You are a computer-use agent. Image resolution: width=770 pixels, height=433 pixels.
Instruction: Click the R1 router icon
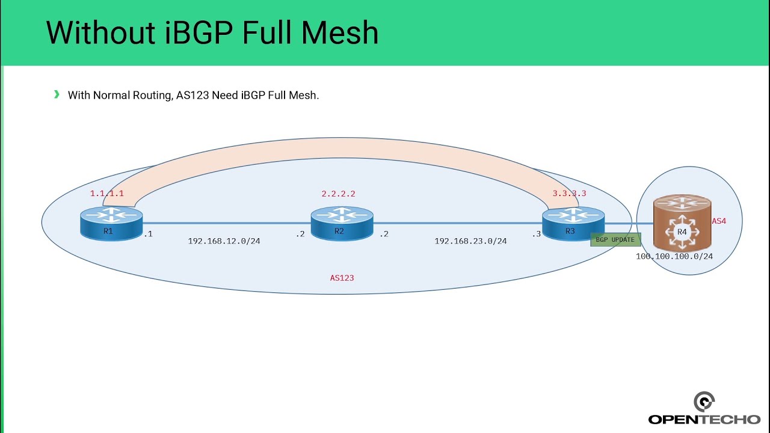tap(111, 223)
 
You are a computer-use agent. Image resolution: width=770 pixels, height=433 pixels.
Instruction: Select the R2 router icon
tap(342, 223)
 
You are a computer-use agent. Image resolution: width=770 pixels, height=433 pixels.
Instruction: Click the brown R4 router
tap(682, 226)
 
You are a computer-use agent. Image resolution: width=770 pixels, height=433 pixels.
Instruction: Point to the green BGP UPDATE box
tap(615, 239)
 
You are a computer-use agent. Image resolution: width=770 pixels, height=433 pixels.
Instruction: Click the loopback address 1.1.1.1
tap(106, 194)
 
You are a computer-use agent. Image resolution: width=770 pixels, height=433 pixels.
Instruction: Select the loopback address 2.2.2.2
tap(338, 194)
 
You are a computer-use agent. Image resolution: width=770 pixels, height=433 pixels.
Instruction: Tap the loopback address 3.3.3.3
tap(569, 194)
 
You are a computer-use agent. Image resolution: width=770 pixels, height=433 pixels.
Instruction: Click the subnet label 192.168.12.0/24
tap(224, 241)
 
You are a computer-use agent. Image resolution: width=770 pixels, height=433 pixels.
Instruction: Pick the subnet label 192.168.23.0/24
tap(470, 241)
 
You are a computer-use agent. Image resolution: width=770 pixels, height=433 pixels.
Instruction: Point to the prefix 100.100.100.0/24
tap(674, 256)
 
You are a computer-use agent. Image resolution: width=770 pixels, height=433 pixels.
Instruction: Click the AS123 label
tap(342, 278)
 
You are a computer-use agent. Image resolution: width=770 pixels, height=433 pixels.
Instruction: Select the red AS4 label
tap(719, 221)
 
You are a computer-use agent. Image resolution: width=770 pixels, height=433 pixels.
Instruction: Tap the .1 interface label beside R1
tap(147, 234)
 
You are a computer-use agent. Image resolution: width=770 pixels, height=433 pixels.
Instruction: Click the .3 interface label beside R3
tap(536, 234)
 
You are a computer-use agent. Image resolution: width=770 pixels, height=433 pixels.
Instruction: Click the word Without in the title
tap(100, 32)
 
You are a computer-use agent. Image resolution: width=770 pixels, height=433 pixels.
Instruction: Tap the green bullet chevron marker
tap(57, 94)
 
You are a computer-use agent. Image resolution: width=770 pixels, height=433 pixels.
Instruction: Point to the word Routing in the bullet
tap(152, 95)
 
